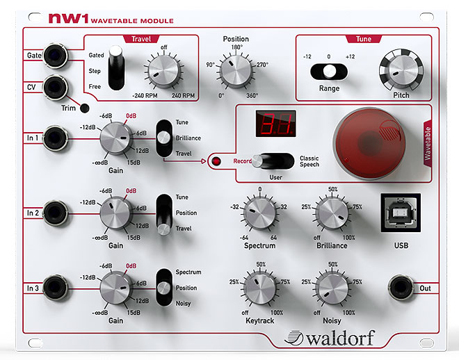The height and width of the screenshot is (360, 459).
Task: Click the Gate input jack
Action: (x=56, y=56)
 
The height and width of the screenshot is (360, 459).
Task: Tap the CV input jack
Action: (x=56, y=88)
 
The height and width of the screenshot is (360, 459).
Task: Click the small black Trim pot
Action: (x=85, y=108)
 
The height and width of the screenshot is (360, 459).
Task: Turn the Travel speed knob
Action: (x=163, y=71)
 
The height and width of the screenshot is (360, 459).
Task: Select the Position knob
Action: (x=236, y=71)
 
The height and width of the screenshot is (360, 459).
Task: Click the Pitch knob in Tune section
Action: (x=401, y=70)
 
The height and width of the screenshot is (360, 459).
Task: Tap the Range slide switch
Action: (x=329, y=72)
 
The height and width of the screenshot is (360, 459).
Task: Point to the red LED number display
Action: (x=276, y=124)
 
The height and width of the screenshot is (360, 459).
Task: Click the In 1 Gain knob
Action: (x=116, y=138)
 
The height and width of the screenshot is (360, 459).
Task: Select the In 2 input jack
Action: (x=56, y=213)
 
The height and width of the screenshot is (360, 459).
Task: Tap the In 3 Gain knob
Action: (x=116, y=288)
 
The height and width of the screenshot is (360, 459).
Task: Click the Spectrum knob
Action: (x=259, y=212)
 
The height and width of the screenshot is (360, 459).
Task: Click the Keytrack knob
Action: (x=259, y=288)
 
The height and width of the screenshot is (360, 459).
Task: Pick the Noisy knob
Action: (x=332, y=288)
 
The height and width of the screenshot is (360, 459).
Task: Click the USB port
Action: (x=401, y=213)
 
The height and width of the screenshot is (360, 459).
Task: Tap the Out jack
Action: (x=401, y=288)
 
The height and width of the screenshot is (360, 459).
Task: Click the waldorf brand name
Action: (x=330, y=338)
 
